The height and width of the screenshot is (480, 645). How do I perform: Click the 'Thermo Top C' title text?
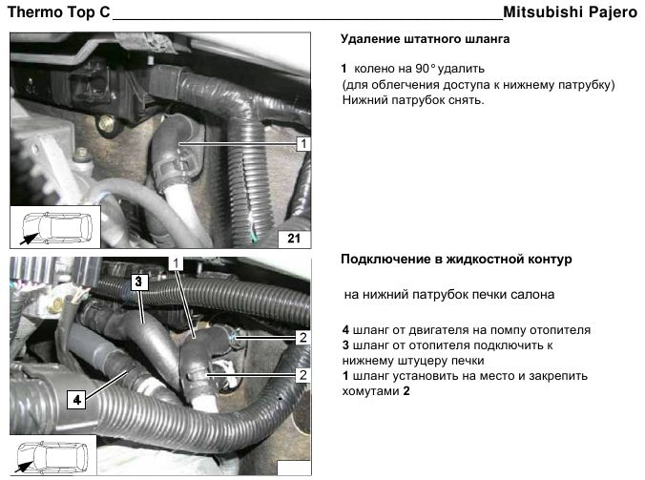point(59,11)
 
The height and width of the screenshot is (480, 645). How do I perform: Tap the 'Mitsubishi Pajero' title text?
point(571,11)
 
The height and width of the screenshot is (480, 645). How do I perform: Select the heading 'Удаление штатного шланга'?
point(425,39)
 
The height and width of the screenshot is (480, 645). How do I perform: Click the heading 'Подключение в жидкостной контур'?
point(456,260)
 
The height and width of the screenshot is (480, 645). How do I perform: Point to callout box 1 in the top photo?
point(303,144)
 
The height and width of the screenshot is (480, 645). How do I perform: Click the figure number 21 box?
point(294,239)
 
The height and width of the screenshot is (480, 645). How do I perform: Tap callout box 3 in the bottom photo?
point(138,282)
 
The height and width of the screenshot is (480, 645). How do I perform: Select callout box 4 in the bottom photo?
point(76,400)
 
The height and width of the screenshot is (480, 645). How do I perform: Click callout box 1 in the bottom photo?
point(176,263)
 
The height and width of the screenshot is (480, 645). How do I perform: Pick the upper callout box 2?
point(303,337)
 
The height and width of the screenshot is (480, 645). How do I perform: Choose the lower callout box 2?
point(303,375)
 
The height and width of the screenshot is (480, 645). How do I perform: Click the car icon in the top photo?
point(57,227)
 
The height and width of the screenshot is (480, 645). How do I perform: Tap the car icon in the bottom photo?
point(52,457)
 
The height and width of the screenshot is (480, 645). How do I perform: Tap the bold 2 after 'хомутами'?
point(406,390)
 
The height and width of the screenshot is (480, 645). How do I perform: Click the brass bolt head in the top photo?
point(107,122)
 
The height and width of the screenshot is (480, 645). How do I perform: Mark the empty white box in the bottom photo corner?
point(294,469)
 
